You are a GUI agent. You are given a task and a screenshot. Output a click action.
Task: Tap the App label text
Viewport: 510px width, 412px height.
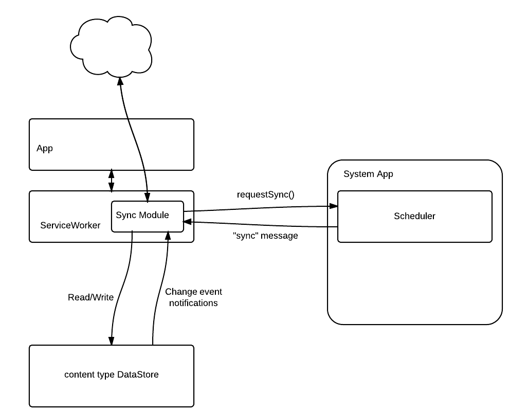[45, 149]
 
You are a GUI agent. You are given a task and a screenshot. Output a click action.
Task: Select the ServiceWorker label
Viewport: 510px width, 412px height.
[70, 225]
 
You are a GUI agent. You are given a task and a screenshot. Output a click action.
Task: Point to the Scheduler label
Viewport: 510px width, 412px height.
[414, 216]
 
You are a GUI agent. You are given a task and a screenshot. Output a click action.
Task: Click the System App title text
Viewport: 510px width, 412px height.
[368, 174]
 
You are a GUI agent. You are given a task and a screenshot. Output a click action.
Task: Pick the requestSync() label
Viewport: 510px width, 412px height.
[265, 194]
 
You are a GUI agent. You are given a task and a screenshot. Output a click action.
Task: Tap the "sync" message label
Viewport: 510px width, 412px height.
[265, 236]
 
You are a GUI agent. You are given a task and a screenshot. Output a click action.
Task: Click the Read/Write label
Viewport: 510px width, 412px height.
[91, 297]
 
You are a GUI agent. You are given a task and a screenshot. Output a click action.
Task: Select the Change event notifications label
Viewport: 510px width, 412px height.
[193, 297]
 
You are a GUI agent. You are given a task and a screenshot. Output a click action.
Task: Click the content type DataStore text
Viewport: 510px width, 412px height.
[112, 374]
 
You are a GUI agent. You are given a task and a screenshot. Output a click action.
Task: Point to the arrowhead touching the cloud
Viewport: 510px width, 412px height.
[120, 81]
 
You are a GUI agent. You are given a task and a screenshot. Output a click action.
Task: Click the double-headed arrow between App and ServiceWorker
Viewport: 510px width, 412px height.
[111, 181]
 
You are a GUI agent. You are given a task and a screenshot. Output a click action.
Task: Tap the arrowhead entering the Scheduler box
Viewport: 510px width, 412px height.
[333, 206]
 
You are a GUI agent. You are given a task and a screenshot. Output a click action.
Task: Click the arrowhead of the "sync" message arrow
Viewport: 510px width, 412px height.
[187, 222]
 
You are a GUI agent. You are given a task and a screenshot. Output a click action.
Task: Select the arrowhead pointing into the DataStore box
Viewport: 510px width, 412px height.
[111, 341]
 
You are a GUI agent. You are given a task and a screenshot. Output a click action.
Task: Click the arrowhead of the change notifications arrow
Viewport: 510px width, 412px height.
[168, 235]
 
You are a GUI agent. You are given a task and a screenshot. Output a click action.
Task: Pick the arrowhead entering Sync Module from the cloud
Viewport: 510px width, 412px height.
[148, 198]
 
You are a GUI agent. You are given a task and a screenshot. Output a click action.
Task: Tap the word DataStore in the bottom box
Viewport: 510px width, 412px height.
[138, 374]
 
